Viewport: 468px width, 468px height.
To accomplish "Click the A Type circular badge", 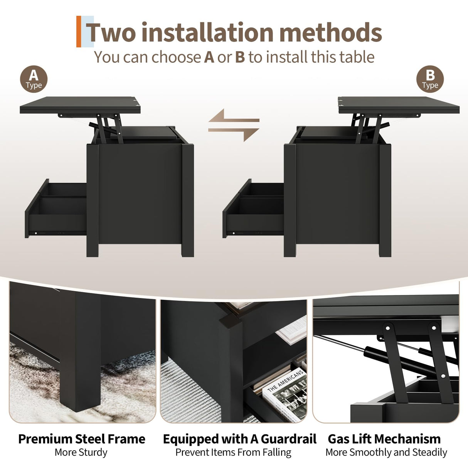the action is coord(34,79).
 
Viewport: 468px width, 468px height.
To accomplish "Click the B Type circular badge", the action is coord(430,79).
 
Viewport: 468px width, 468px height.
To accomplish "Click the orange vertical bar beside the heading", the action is coord(79,32).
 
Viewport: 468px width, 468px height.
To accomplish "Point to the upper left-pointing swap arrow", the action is coord(234,116).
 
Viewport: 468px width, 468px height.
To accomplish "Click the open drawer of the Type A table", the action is coord(56,209).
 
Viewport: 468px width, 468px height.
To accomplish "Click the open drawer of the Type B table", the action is coord(253,209).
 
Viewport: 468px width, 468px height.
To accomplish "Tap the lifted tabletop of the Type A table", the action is coord(80,105).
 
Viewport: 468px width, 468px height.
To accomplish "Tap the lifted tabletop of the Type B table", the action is coord(399,105).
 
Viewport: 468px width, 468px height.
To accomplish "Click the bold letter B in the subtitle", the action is coord(240,57).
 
